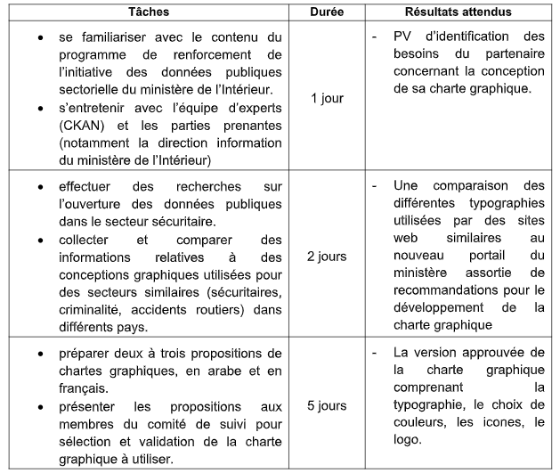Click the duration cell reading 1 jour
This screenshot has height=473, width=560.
tap(328, 97)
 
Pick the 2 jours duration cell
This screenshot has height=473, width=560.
tap(328, 255)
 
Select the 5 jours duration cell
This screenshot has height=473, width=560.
tap(328, 406)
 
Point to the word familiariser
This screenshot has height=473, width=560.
tap(110, 37)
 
